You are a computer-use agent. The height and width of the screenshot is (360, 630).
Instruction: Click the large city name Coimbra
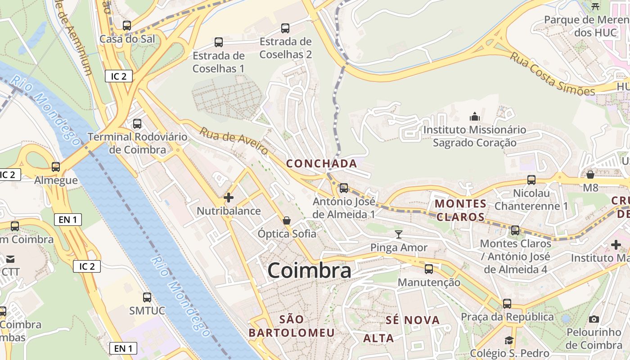(309, 270)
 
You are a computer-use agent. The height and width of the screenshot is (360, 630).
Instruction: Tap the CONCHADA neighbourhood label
(322, 163)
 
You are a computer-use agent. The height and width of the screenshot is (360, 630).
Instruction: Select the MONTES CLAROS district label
(460, 210)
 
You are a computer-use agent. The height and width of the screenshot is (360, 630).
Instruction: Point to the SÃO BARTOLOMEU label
(292, 326)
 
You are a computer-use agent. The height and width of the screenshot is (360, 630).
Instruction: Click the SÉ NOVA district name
(413, 320)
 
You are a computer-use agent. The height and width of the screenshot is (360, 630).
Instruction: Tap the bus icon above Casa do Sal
(127, 26)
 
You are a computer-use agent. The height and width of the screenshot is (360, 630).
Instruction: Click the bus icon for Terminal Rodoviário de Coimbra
(137, 123)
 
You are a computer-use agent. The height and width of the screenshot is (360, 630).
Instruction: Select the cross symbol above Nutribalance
(229, 197)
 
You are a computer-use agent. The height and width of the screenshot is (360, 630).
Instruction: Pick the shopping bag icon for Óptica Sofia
(287, 220)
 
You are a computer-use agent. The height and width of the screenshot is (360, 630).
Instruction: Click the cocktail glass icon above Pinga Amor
(399, 234)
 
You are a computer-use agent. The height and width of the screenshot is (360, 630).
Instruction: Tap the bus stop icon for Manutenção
(429, 269)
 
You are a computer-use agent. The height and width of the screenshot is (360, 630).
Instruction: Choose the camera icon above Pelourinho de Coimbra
(594, 319)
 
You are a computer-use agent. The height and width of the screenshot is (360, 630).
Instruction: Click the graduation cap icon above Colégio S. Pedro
(509, 340)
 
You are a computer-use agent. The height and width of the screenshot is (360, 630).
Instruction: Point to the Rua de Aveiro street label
(234, 141)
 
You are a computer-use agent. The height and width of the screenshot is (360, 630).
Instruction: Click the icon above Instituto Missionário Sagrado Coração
(475, 117)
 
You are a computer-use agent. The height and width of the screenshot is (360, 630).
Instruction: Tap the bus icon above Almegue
(56, 167)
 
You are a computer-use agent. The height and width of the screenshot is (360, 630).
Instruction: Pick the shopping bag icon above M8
(590, 174)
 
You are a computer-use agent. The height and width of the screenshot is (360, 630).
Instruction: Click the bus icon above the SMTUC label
(147, 297)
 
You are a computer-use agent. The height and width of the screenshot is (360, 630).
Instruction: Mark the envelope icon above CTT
(10, 259)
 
